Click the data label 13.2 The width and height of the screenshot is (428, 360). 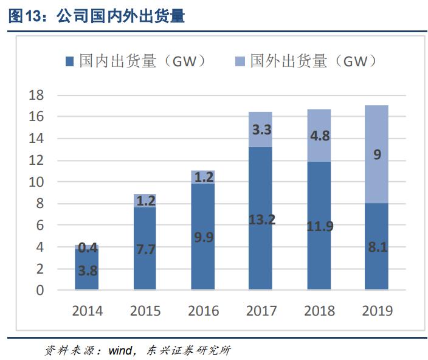pyautogui.click(x=261, y=220)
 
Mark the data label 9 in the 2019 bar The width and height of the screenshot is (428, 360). pyautogui.click(x=377, y=154)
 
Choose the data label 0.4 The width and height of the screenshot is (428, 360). pyautogui.click(x=88, y=247)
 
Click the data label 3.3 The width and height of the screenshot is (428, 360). pyautogui.click(x=261, y=129)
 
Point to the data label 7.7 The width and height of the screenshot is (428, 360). pyautogui.click(x=145, y=249)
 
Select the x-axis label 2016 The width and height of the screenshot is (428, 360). pyautogui.click(x=203, y=311)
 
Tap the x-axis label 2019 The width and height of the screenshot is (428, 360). pyautogui.click(x=377, y=311)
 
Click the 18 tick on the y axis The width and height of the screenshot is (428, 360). pyautogui.click(x=37, y=95)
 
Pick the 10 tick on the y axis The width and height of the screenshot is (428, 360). pyautogui.click(x=37, y=182)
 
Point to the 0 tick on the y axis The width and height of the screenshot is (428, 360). pyautogui.click(x=41, y=291)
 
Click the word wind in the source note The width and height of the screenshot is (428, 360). pyautogui.click(x=120, y=350)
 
